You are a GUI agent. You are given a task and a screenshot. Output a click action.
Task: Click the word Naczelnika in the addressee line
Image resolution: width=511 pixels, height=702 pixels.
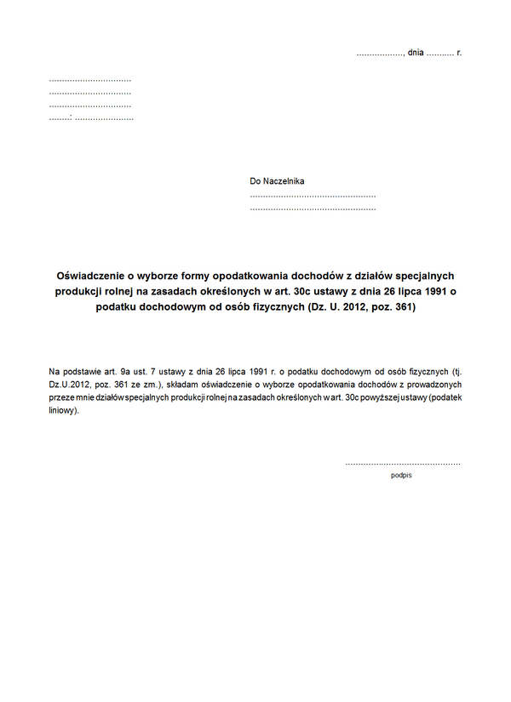click(x=284, y=181)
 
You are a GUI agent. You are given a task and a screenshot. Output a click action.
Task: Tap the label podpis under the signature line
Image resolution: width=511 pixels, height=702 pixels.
click(x=401, y=476)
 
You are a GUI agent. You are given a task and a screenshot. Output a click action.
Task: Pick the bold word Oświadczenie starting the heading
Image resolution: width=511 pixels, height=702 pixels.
click(x=90, y=277)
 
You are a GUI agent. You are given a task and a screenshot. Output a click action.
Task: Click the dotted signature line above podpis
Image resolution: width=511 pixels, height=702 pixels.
click(x=403, y=464)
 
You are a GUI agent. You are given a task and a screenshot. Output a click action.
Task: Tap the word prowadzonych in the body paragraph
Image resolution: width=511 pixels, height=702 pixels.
click(x=435, y=385)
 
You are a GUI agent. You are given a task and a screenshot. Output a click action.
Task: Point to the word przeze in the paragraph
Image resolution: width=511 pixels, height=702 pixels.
click(x=62, y=397)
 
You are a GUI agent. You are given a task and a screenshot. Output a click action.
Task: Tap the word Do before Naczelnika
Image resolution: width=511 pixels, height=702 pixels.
click(x=255, y=181)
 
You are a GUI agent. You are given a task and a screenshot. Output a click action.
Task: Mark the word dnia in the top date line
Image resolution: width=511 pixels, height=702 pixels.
click(x=416, y=53)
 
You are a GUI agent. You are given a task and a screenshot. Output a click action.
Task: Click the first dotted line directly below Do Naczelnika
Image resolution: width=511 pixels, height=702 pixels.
click(x=313, y=196)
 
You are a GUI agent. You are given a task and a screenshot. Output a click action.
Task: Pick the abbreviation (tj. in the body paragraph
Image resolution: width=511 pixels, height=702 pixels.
click(x=456, y=372)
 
